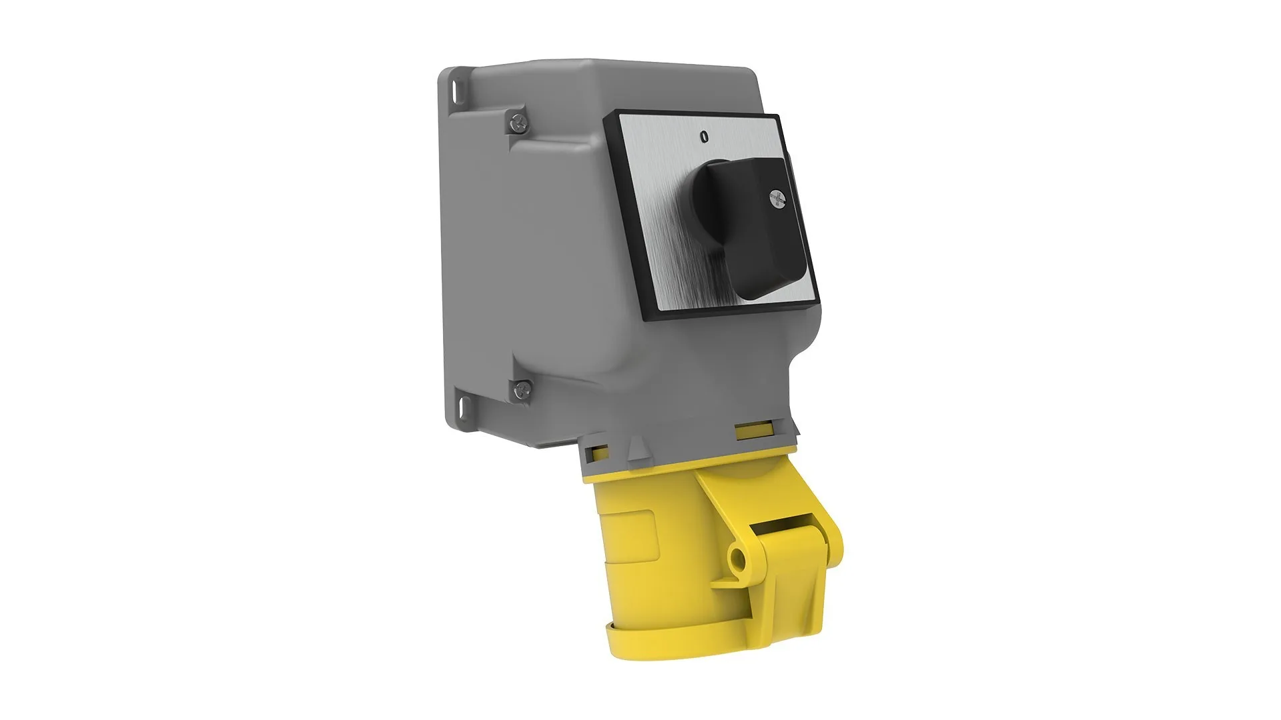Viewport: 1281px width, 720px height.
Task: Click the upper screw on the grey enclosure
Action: coord(516,121)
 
